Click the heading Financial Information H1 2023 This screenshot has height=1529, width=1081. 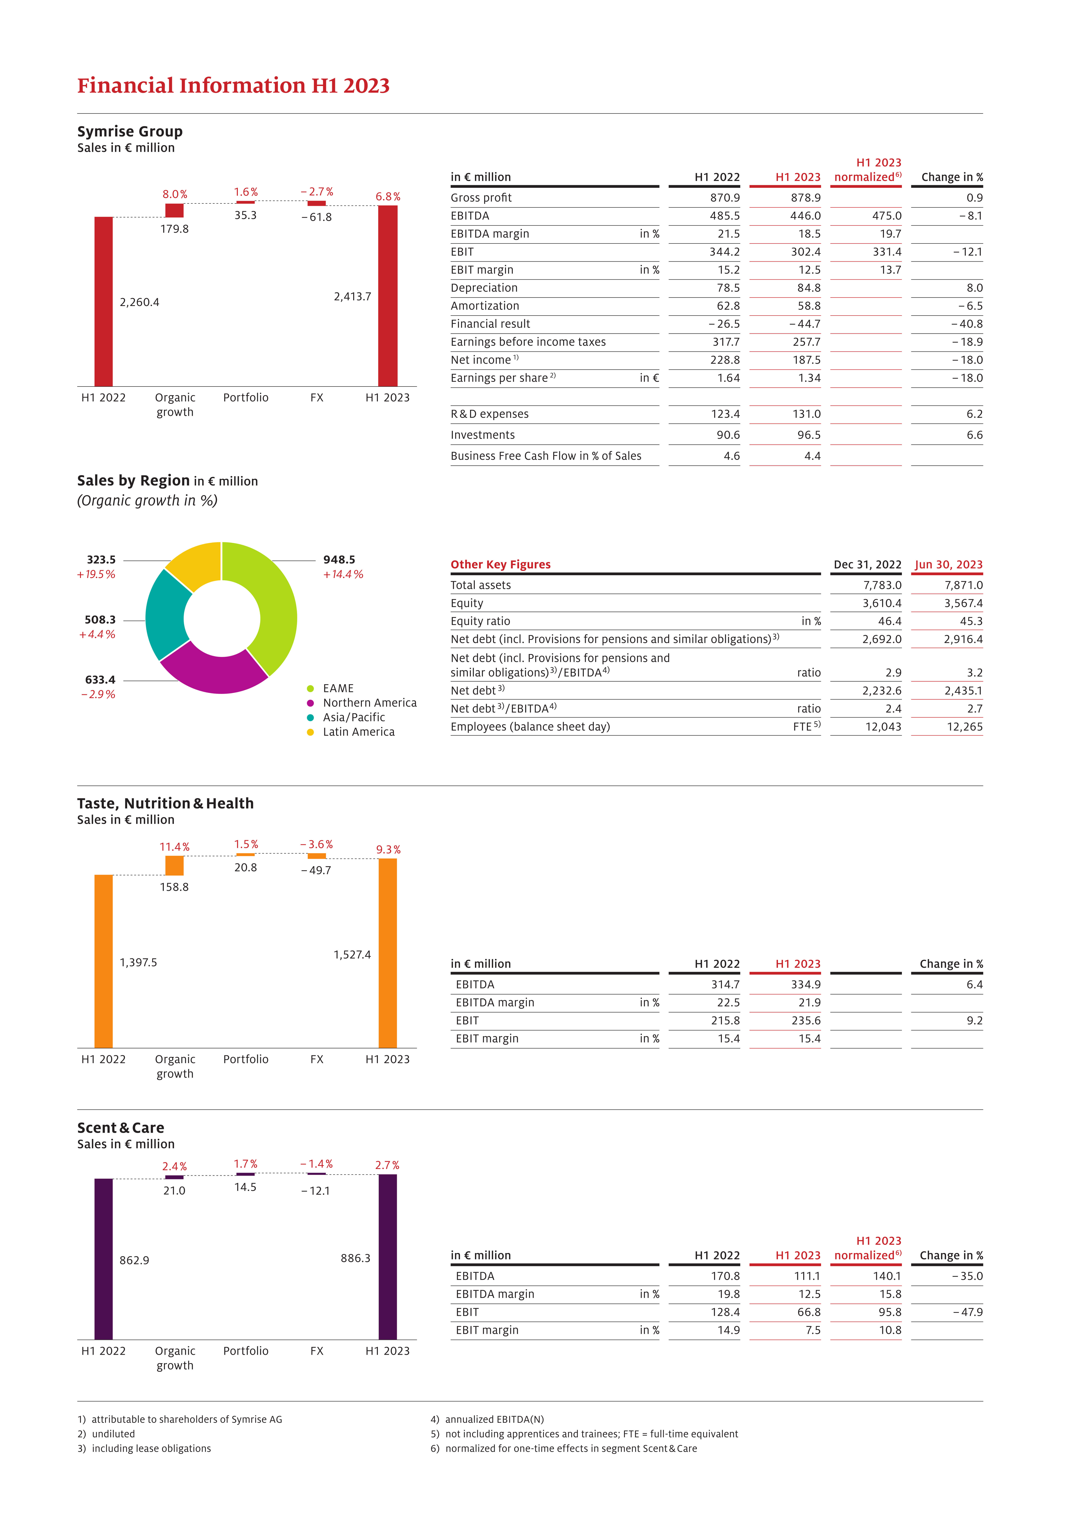[233, 86]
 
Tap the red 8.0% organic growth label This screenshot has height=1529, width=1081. [175, 195]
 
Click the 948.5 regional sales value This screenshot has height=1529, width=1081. [339, 560]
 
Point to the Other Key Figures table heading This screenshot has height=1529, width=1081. [501, 565]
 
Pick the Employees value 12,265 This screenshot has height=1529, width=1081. [964, 727]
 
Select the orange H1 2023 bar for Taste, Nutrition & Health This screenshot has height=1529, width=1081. [388, 953]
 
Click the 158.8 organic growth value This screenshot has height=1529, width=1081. [175, 887]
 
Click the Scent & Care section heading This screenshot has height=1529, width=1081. [121, 1128]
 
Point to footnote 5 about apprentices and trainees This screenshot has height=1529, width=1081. [584, 1434]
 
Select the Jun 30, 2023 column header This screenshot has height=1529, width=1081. [948, 565]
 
